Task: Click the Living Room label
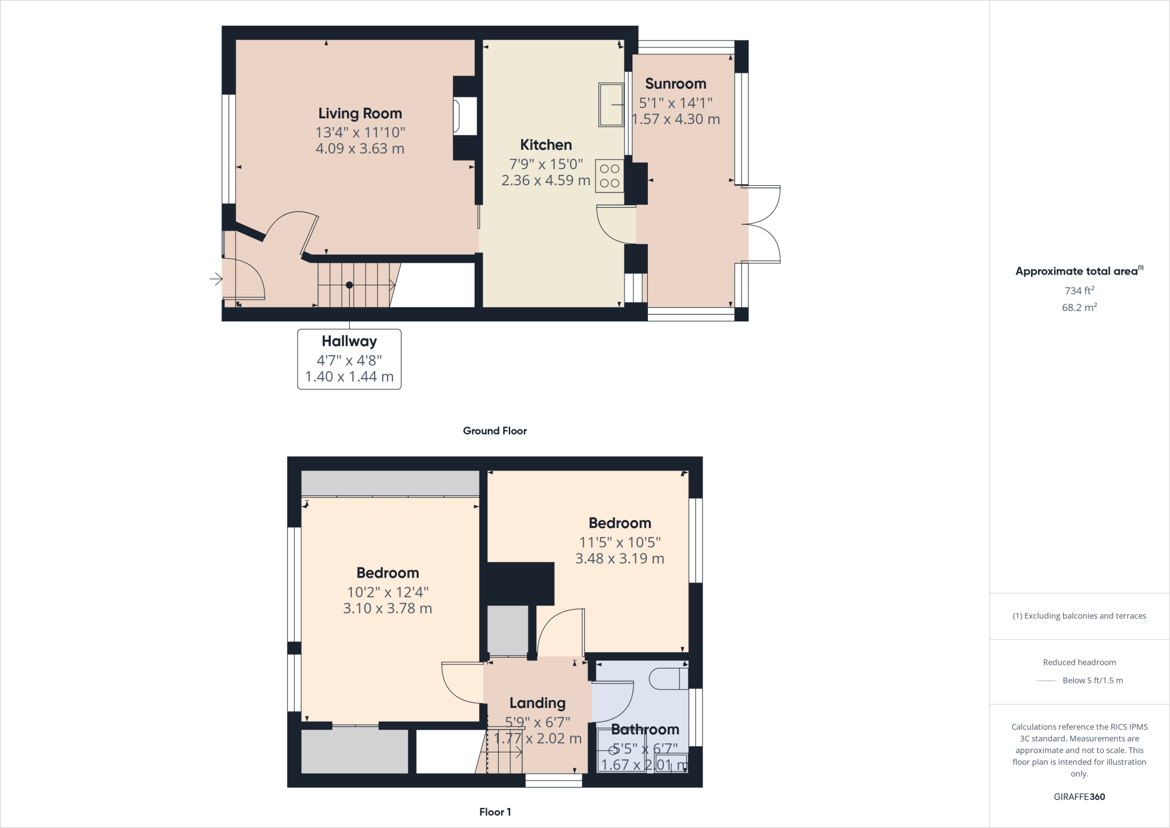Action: pyautogui.click(x=360, y=113)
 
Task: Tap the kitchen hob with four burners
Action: pyautogui.click(x=610, y=176)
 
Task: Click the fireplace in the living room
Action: pyautogui.click(x=464, y=117)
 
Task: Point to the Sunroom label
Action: pyautogui.click(x=675, y=83)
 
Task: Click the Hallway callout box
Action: pyautogui.click(x=349, y=359)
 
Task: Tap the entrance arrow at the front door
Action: pyautogui.click(x=216, y=279)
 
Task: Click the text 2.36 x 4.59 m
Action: pyautogui.click(x=546, y=180)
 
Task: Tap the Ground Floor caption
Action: pyautogui.click(x=495, y=431)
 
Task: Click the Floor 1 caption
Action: pyautogui.click(x=495, y=811)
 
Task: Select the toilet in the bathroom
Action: pyautogui.click(x=668, y=679)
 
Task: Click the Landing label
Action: pyautogui.click(x=537, y=703)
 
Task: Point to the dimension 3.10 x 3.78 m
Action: pyautogui.click(x=387, y=608)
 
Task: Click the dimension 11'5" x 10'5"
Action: pyautogui.click(x=620, y=542)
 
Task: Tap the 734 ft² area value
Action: pyautogui.click(x=1079, y=290)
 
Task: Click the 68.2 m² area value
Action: pyautogui.click(x=1079, y=307)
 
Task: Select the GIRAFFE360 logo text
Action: pyautogui.click(x=1079, y=797)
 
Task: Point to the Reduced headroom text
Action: pyautogui.click(x=1079, y=662)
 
